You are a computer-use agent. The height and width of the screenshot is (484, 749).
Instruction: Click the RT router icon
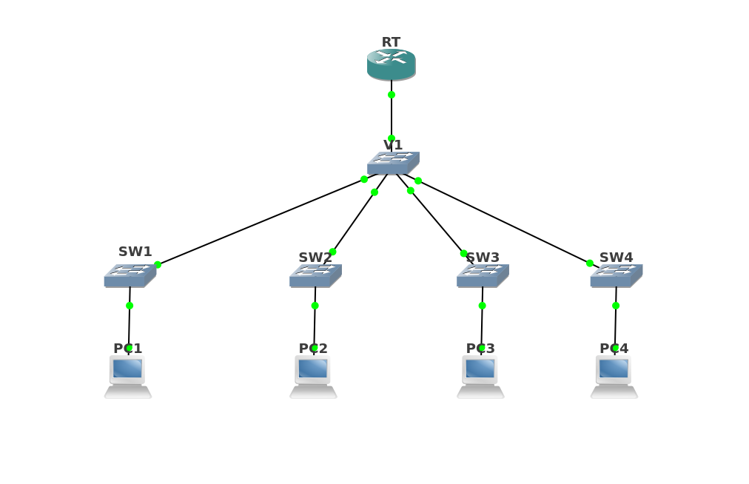(391, 65)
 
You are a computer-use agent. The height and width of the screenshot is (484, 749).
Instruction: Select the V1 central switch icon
(393, 163)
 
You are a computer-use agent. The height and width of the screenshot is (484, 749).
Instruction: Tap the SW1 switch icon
(130, 275)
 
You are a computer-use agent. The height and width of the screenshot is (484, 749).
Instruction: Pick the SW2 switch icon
(315, 275)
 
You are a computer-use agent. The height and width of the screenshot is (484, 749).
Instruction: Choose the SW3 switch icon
(483, 275)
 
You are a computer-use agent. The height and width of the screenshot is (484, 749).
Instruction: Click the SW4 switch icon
(616, 275)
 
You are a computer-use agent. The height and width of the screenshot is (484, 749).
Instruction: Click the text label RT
(391, 42)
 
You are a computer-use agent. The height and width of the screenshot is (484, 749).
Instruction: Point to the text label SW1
(135, 252)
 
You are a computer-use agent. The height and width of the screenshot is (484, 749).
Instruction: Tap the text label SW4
(616, 258)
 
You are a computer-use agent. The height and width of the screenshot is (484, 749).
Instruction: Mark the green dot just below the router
(392, 95)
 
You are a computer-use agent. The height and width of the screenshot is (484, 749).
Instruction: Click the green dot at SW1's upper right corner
(158, 265)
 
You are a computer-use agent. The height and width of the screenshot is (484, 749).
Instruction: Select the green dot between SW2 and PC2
(315, 306)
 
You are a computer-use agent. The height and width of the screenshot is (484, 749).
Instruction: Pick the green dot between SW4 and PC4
(616, 306)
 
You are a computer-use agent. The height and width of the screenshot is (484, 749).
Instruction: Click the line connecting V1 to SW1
(259, 223)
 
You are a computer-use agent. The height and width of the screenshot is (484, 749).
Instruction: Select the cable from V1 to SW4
(503, 221)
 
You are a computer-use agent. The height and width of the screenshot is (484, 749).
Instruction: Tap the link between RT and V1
(392, 116)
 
